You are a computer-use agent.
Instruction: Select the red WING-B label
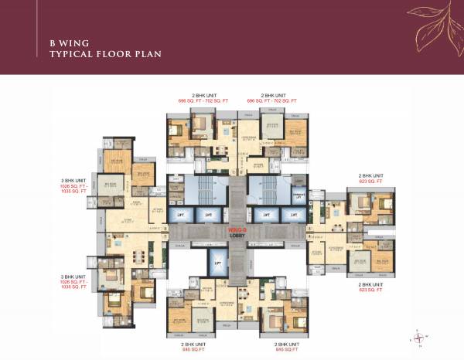tap(237, 230)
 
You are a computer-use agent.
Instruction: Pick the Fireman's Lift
tap(296, 195)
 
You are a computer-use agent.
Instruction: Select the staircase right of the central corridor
tap(266, 192)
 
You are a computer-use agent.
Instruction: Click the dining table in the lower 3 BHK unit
tap(139, 256)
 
